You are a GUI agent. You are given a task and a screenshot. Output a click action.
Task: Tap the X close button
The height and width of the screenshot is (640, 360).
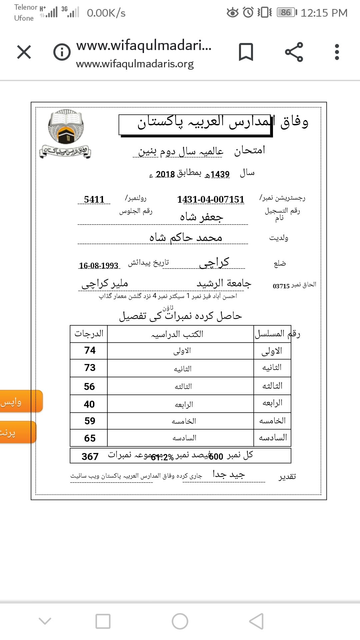pos(24,52)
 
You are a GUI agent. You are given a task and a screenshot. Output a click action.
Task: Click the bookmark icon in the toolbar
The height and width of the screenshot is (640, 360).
pos(246,52)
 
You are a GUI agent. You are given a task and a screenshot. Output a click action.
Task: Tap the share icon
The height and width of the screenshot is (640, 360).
pos(294,52)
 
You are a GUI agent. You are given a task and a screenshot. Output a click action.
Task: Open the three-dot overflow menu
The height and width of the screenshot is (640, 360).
pos(337,52)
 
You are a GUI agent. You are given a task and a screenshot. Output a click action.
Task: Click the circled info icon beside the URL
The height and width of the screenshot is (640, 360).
pos(62,52)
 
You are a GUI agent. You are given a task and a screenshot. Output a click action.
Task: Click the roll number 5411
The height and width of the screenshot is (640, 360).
pos(94,199)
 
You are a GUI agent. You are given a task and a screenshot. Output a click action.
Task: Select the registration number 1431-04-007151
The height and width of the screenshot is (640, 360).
pos(211,199)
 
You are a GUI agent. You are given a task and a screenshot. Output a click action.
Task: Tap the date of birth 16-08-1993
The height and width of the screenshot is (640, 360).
pos(99,266)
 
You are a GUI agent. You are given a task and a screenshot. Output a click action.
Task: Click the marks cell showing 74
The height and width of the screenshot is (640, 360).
pos(90,350)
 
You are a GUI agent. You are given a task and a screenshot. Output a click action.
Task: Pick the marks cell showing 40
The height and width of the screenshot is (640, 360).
pos(89,404)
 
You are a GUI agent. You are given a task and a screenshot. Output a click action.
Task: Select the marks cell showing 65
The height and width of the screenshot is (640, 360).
pos(90,438)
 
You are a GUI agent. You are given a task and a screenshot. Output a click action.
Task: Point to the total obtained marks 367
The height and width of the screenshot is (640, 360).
pos(90,456)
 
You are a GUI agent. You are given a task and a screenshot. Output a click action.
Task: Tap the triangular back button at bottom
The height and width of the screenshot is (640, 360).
pos(256,621)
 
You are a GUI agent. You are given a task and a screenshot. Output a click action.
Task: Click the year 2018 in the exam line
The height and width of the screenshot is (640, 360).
pos(165,174)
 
